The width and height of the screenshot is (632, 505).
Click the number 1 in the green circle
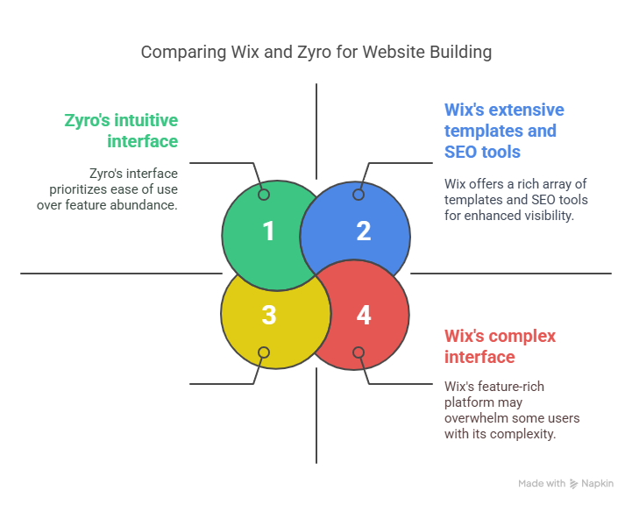[268, 231]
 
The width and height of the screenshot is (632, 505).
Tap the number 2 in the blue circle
[364, 231]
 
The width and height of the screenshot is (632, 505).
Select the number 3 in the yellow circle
[269, 315]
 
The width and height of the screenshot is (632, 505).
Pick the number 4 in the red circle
[364, 315]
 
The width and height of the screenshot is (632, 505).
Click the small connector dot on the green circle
[264, 195]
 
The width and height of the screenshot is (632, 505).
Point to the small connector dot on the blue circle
[359, 195]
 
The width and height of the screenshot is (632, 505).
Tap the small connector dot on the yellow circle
[264, 352]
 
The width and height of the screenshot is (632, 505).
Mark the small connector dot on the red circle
[359, 352]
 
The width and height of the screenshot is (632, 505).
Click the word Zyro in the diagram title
[314, 53]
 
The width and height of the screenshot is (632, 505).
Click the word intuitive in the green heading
[146, 120]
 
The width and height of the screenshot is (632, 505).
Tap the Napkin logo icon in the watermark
[573, 484]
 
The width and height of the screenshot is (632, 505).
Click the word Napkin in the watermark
[597, 484]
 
